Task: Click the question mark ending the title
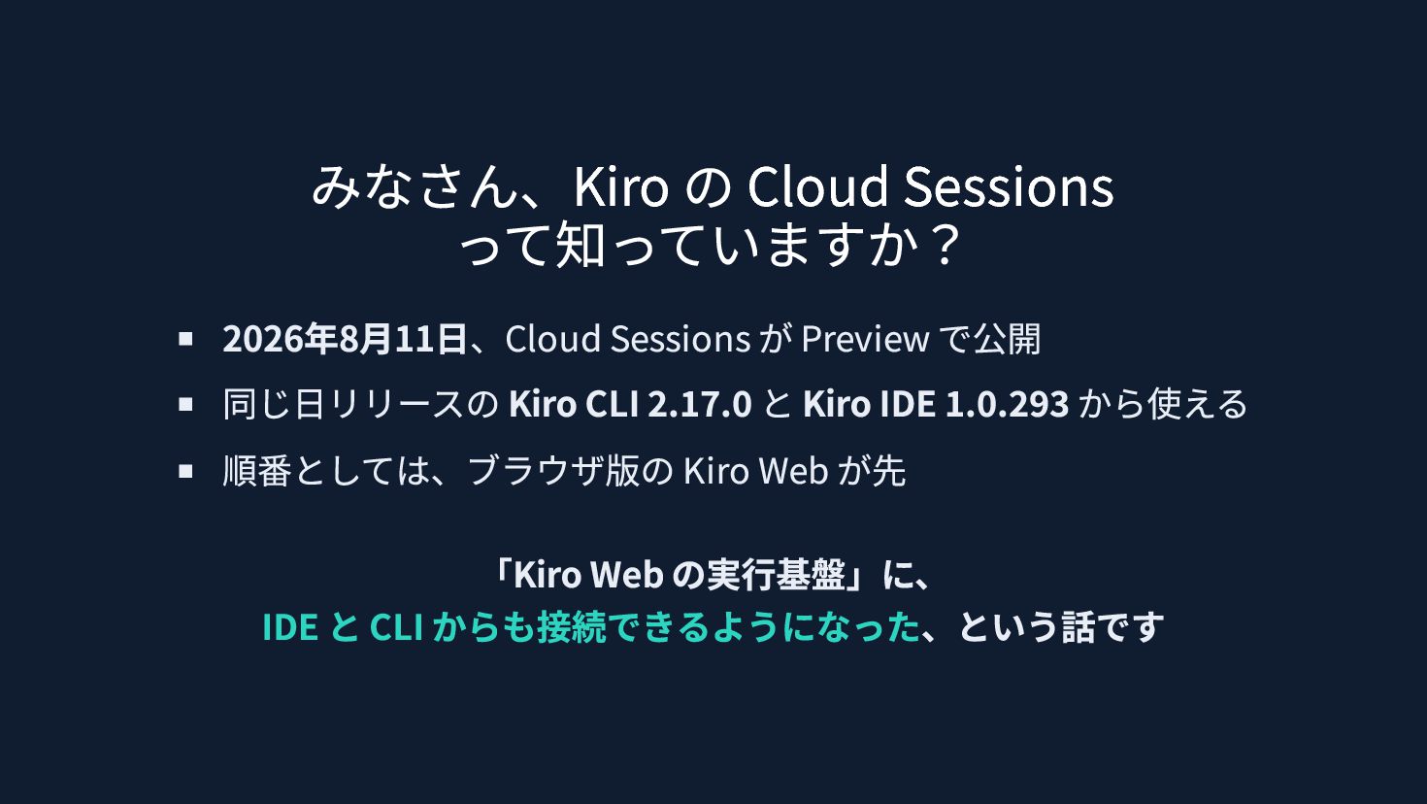945,246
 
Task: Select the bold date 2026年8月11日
344,338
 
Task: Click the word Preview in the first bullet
865,338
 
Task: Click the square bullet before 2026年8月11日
185,338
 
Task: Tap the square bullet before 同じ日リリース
185,404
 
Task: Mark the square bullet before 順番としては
185,471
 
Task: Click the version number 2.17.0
700,404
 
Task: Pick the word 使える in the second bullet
1197,404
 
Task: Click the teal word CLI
396,627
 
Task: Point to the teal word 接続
572,627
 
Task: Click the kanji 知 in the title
580,246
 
